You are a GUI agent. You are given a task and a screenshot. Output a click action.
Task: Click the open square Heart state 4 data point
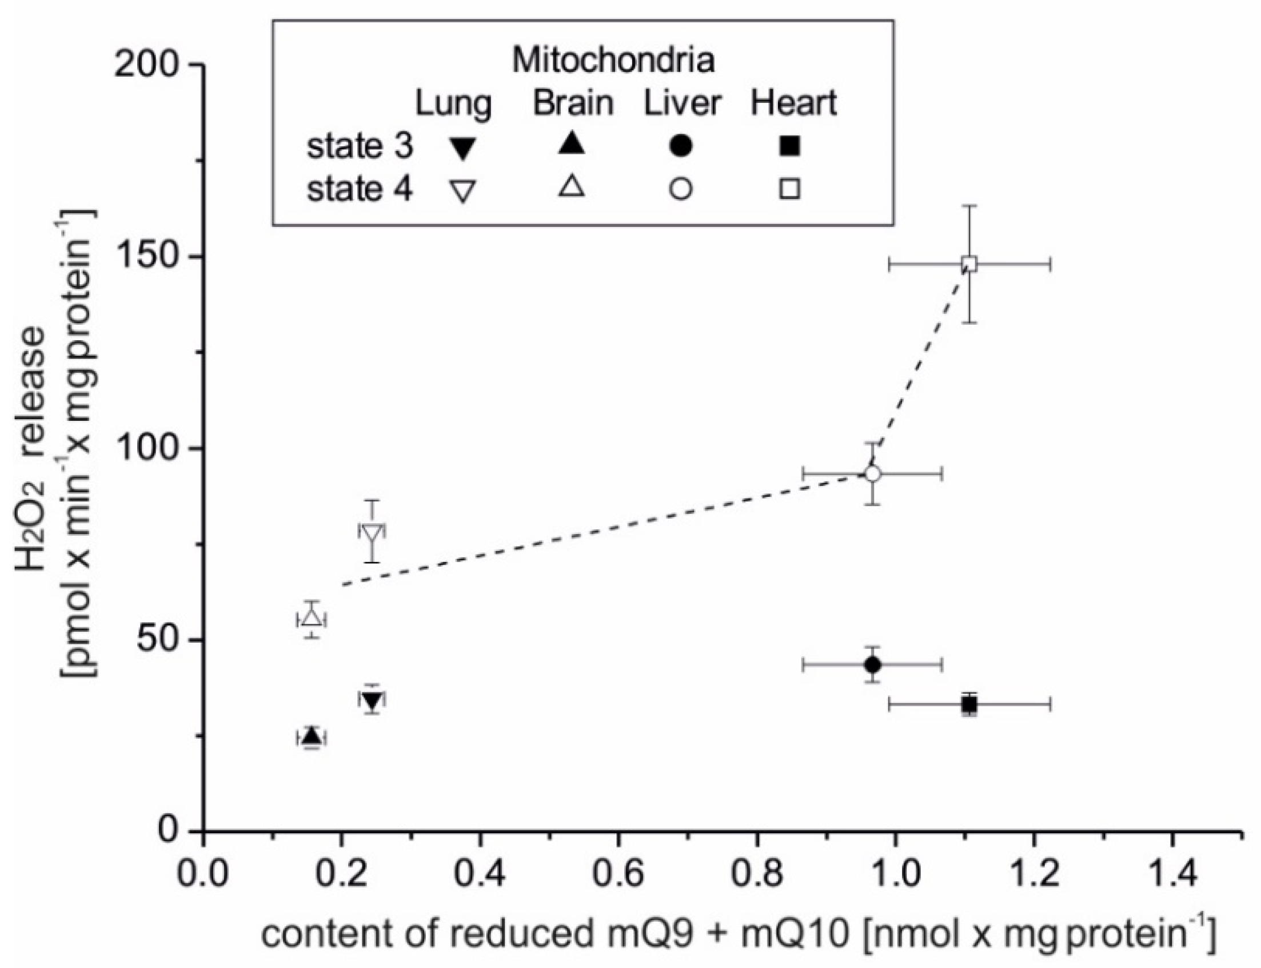click(x=969, y=265)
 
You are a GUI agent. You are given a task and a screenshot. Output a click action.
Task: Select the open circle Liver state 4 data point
click(x=873, y=473)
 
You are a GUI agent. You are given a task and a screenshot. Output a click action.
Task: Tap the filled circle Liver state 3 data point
click(x=873, y=664)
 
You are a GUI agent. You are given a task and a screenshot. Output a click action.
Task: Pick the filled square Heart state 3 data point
click(x=969, y=704)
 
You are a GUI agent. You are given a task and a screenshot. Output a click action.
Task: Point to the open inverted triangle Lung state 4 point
click(x=372, y=533)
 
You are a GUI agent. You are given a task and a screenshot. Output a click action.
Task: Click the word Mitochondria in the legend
click(x=613, y=60)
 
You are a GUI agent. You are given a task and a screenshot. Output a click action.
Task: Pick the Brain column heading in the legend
click(x=573, y=103)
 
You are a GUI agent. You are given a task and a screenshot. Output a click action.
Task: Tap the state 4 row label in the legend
click(x=360, y=189)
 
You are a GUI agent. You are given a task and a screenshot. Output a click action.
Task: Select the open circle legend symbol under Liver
click(x=681, y=189)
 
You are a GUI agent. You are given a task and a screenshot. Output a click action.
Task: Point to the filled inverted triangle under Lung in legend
click(x=463, y=149)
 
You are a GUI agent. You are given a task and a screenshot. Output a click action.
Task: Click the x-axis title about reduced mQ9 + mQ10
click(x=738, y=934)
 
